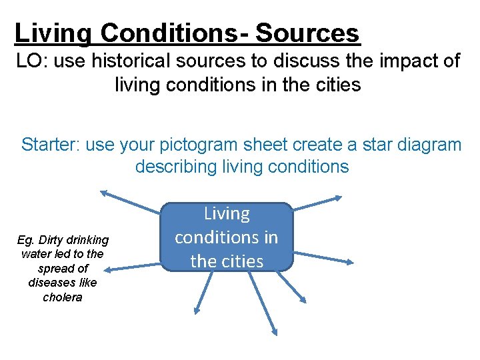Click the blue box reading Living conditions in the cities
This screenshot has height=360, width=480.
pos(226,237)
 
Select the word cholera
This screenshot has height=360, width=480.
pos(63,297)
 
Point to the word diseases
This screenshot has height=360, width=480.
pos(63,283)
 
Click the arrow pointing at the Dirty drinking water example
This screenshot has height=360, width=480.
pos(133,265)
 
